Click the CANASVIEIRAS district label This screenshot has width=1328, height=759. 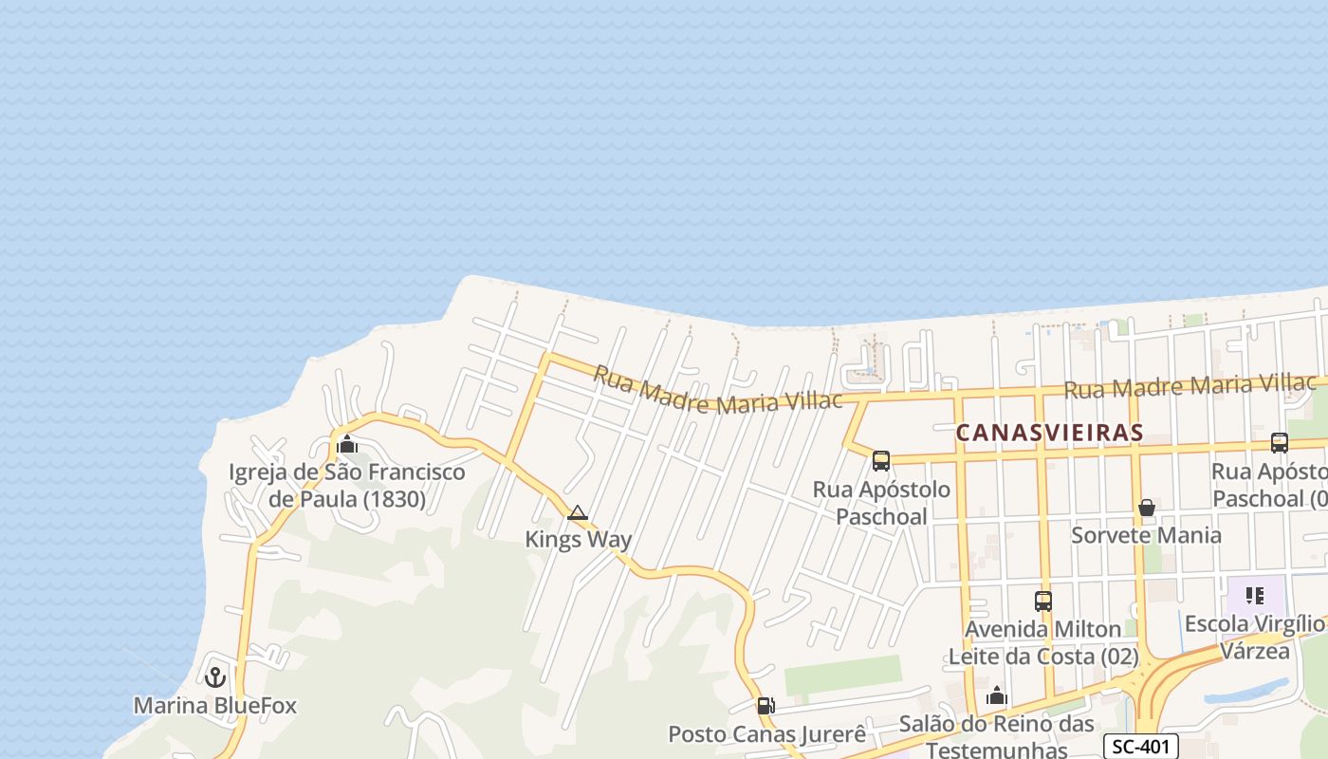pos(1049,433)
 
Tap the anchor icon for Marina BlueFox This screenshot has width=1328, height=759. pos(215,677)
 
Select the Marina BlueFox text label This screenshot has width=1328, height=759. pos(215,706)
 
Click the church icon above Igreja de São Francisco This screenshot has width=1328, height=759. pos(347,444)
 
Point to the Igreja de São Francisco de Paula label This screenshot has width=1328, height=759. pos(347,485)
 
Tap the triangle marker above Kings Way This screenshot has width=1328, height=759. pos(577,513)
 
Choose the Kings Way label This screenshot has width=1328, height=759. pos(579,540)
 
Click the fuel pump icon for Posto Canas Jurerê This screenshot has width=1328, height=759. pos(765,706)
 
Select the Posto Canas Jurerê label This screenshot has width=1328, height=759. pos(766,734)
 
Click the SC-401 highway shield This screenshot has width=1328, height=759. pos(1141,747)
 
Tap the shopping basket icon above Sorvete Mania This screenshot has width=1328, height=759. pos(1146,508)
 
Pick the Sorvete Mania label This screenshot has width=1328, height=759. pos(1146,535)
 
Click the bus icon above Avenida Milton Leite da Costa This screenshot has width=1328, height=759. pos(1043,601)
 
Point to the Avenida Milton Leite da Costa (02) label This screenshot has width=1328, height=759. pos(1043,642)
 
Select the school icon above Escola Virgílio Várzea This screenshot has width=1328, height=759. pos(1255,596)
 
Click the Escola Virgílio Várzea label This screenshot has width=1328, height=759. pos(1254,637)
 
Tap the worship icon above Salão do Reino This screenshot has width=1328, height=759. pos(996,696)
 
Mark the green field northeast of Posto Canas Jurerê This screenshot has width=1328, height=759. pos(842,675)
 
